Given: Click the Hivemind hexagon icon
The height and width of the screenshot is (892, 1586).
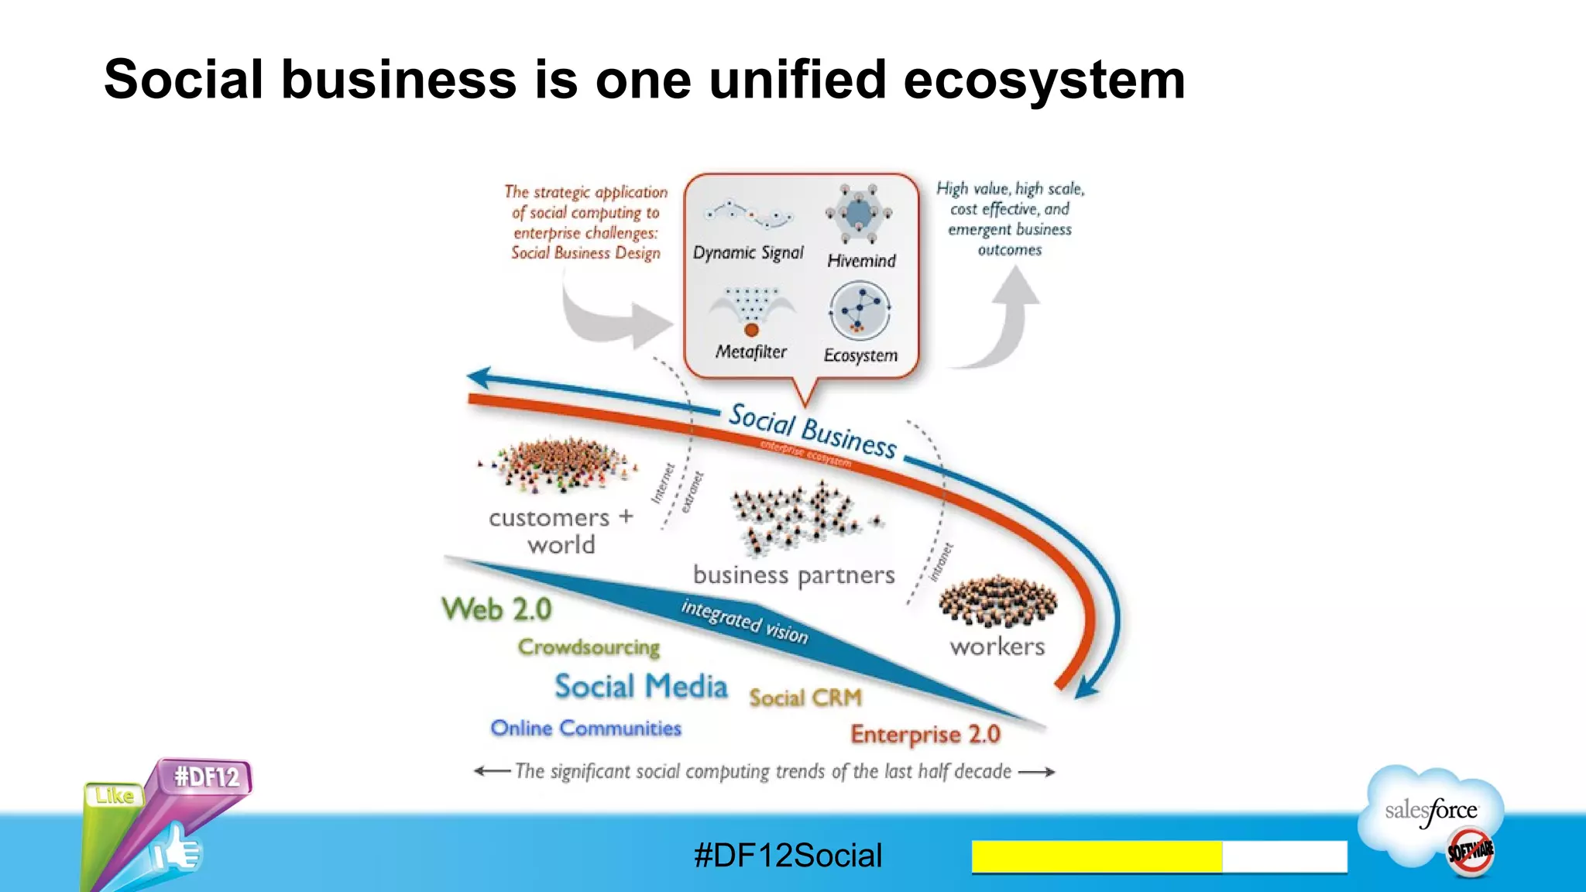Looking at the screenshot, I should (858, 214).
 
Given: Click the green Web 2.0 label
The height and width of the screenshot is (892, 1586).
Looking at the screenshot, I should (497, 609).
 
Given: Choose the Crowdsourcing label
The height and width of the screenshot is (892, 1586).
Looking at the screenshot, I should (589, 647).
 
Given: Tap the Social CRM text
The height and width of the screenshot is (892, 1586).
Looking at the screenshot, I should (805, 698).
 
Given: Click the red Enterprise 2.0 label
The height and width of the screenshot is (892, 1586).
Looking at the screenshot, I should (925, 734).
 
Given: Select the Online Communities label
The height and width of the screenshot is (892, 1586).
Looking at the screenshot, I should (586, 729).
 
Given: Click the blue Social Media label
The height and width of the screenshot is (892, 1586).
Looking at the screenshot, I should (641, 687).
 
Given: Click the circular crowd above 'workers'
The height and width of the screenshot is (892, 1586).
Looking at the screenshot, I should (997, 601).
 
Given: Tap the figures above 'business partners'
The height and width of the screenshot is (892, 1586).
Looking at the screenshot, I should (805, 516).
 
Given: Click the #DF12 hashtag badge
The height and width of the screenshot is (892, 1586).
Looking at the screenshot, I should (207, 777).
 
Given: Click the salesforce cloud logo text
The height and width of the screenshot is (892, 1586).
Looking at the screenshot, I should (1431, 811).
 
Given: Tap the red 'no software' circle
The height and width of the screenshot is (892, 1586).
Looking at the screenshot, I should (1470, 851).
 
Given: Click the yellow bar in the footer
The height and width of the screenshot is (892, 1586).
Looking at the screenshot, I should (1097, 856).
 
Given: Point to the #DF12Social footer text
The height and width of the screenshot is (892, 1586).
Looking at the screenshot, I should (788, 856).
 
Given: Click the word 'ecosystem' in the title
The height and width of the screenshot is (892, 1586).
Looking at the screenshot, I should (1044, 80).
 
